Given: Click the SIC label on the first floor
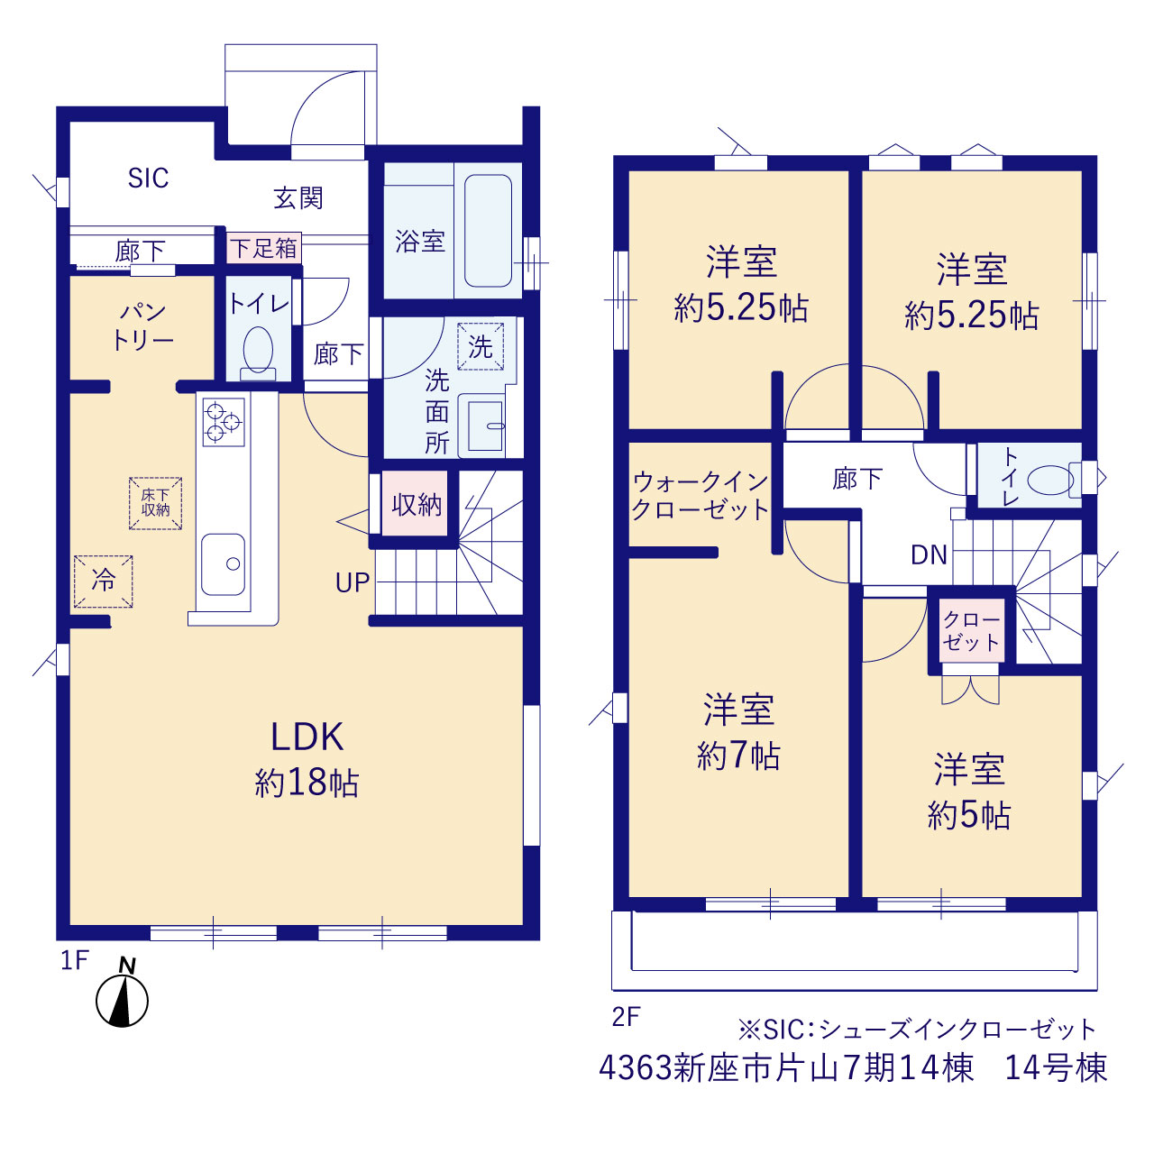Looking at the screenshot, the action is click(149, 178).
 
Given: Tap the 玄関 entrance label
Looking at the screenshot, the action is click(298, 198).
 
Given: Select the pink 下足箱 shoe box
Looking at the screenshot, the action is click(264, 248).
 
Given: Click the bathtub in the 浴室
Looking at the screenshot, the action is click(488, 231).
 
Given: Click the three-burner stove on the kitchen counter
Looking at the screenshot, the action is click(224, 422).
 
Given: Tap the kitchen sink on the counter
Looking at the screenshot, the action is click(223, 564).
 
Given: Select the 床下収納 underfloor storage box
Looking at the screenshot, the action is click(156, 503).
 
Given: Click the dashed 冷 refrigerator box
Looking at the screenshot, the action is click(104, 582).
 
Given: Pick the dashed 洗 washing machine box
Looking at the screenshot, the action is click(481, 346).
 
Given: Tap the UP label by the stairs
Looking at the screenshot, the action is click(353, 582).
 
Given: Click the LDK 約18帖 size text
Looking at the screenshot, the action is click(307, 783).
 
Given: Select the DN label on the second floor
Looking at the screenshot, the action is click(929, 555).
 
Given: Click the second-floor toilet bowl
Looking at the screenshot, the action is click(1051, 480).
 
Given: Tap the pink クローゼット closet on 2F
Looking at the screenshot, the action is click(971, 630).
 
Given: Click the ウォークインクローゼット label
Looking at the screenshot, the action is click(701, 496).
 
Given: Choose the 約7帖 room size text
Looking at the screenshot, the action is click(738, 756).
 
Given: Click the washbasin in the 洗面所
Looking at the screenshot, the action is click(484, 426).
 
